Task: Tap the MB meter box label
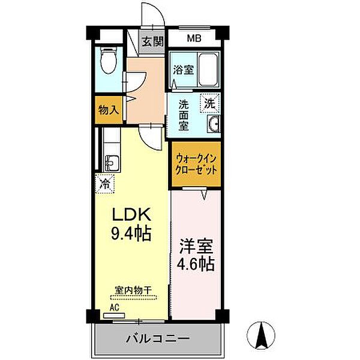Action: coord(193,40)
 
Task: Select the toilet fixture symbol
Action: coord(109,60)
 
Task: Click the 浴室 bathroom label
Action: coord(182,70)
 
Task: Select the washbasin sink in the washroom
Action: coord(214,124)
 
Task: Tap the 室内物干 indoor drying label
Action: coord(134,289)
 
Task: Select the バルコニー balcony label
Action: coord(157,339)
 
